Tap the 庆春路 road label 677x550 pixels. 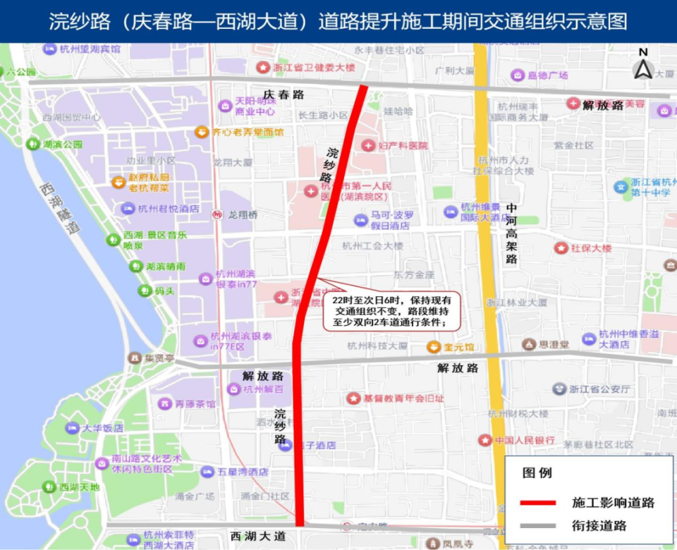point(284,95)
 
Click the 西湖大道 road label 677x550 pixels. point(259,537)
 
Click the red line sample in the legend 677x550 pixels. point(541,503)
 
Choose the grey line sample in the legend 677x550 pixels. point(541,526)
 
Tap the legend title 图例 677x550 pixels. point(537,473)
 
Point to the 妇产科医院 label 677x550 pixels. point(403,146)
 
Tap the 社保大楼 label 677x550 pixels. point(591,248)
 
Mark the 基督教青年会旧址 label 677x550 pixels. point(404,398)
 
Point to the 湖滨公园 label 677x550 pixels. point(62,145)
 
